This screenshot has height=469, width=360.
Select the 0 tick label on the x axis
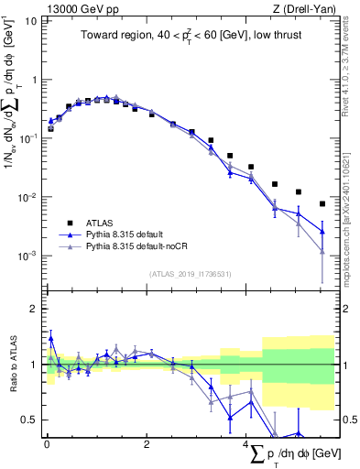coord(46,443)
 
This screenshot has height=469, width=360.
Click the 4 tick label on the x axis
coord(246,443)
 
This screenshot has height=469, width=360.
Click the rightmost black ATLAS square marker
coord(322,203)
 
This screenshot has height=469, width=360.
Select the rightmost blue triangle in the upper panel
coord(322,231)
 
